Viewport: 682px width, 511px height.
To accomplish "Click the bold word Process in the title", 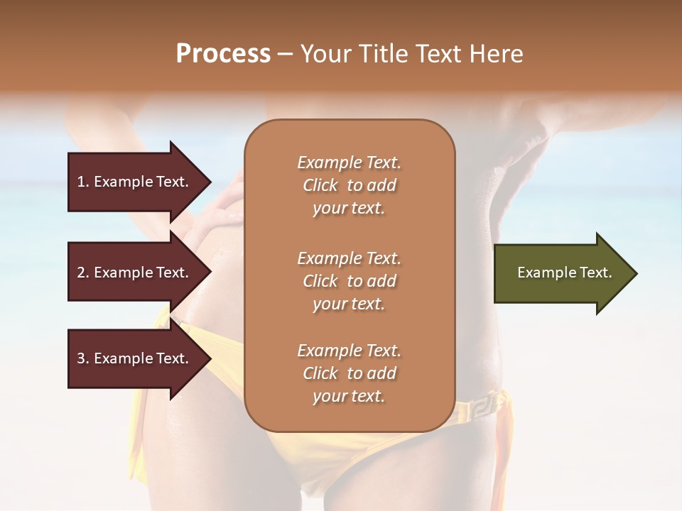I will point(223,54).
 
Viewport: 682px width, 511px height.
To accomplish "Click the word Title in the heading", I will point(383,54).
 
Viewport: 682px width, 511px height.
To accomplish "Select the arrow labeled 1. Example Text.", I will point(135,182).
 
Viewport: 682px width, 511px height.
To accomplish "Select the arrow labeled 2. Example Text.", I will point(135,273).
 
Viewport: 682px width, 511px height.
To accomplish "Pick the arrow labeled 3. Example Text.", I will point(135,358).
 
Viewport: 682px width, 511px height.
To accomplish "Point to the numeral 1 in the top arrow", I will point(81,182).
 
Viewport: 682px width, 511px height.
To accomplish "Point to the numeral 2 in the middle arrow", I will point(81,273).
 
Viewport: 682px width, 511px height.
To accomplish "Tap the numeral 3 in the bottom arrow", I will point(81,358).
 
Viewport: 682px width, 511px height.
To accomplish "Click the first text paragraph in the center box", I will point(349,185).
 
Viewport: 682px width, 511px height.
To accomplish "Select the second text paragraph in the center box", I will point(349,281).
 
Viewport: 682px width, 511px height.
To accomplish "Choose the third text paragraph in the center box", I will point(349,373).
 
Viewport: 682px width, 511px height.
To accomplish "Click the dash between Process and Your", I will point(285,54).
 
